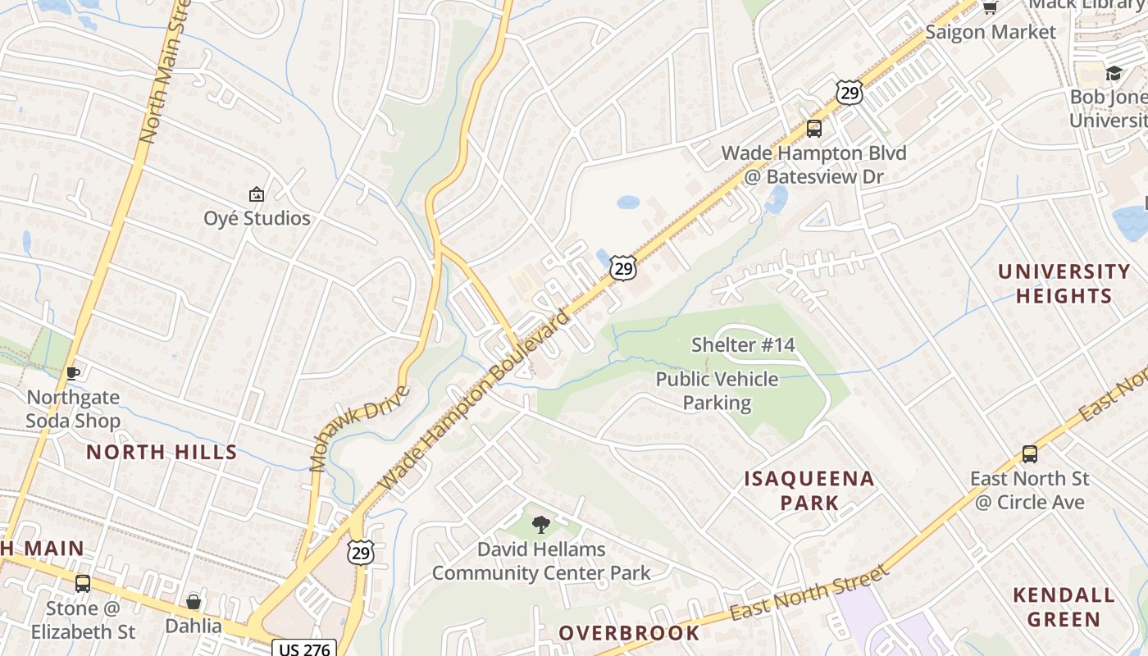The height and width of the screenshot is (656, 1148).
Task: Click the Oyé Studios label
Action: coord(257,218)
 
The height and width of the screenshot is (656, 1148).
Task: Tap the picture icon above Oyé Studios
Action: coord(257,195)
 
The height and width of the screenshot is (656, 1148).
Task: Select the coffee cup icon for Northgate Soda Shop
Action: coord(73,374)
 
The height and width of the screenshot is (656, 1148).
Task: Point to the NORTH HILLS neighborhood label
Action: coord(162,452)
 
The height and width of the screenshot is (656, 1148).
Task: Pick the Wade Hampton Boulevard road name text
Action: coord(475,401)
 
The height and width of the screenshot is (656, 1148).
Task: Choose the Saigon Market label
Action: coord(990,32)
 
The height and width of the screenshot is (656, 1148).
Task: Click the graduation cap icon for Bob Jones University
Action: coord(1113,74)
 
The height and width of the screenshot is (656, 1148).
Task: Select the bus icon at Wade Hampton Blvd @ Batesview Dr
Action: coord(813,129)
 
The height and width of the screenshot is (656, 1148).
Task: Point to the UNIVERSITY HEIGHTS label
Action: coord(1064,283)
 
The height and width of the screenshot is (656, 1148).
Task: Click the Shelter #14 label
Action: coord(743,344)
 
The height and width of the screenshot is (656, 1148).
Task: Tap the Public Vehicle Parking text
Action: coord(717,390)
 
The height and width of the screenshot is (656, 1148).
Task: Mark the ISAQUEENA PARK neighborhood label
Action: coord(809,490)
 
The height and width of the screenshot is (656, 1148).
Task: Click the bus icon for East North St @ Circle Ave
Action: coord(1029,454)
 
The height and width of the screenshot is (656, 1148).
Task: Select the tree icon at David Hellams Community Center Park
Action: coord(540,525)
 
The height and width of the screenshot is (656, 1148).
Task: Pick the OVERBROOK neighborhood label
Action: coord(629,633)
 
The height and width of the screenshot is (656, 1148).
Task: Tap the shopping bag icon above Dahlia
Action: coord(194,603)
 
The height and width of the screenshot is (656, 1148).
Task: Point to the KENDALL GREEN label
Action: coord(1064,607)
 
